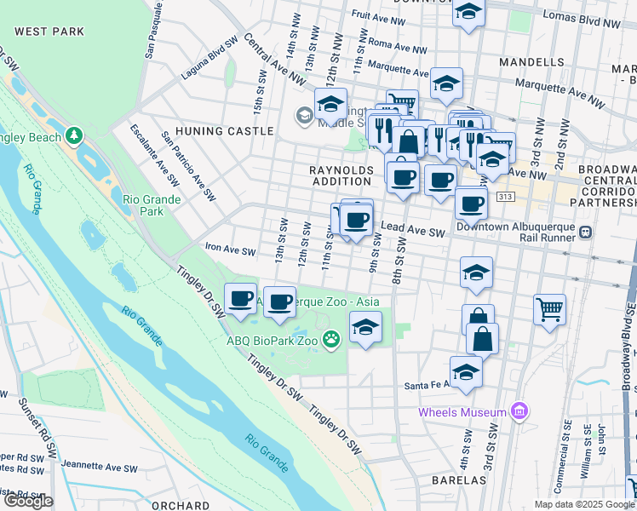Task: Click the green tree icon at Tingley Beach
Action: [x=74, y=135]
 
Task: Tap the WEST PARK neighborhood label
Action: [x=49, y=32]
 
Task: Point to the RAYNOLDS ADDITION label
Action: [x=341, y=175]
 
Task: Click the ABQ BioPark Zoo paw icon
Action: [x=331, y=341]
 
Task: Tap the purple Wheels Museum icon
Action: [x=519, y=413]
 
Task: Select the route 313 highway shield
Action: [x=506, y=198]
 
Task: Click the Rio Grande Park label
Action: [x=143, y=204]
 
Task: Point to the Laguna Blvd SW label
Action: [x=208, y=58]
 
